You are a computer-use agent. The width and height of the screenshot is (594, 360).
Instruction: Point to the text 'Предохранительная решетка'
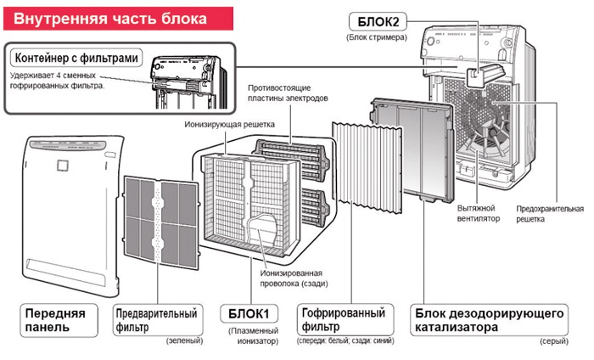[550, 212]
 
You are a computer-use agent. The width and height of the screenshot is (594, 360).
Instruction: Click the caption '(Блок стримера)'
[376, 37]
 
